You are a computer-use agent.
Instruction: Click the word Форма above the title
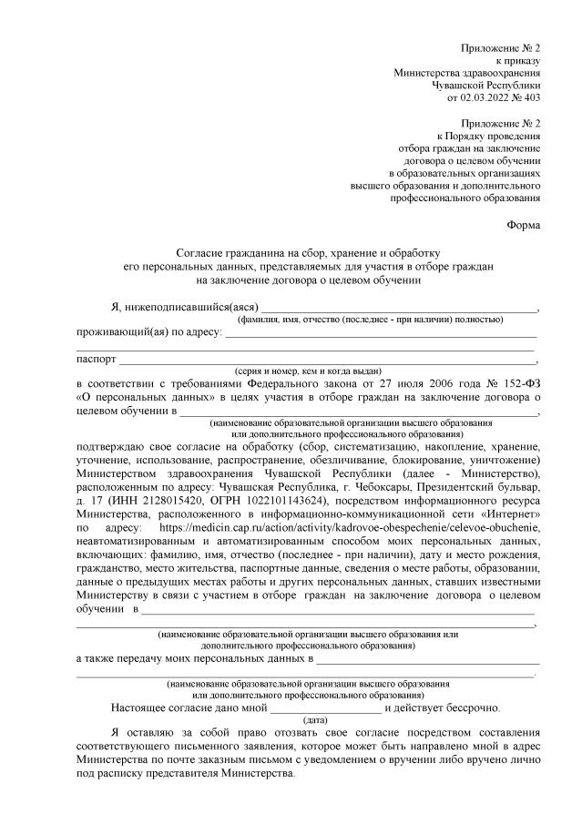[524, 224]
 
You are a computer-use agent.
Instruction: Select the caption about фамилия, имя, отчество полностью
[370, 319]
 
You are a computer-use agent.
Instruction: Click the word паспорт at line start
[97, 359]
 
